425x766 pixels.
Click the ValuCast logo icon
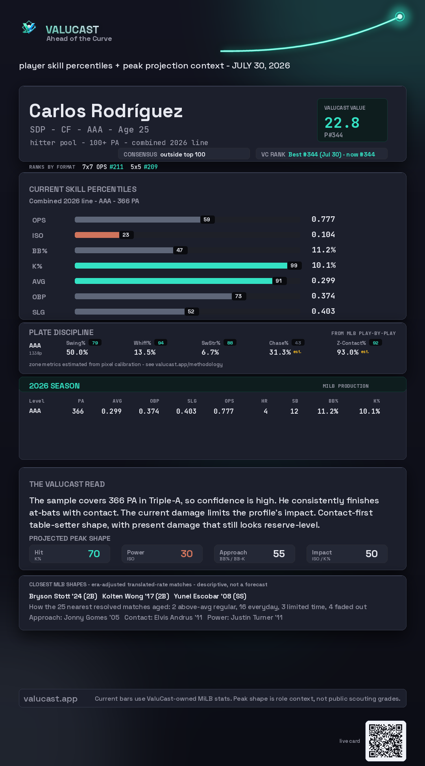[29, 28]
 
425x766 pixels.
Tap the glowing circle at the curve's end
[400, 17]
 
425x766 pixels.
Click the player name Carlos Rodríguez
[106, 111]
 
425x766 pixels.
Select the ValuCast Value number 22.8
[342, 123]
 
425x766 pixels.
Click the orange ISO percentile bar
[97, 235]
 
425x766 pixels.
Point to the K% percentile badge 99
[294, 265]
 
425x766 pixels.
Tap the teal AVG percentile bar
[174, 281]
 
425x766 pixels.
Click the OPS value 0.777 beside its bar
[323, 219]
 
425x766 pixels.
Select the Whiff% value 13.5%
[145, 352]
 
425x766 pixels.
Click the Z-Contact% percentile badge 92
[375, 343]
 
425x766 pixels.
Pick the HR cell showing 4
[266, 411]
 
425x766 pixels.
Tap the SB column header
[295, 401]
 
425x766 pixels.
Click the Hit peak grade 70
[94, 554]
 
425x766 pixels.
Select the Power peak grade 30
[187, 554]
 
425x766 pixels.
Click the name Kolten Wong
[123, 596]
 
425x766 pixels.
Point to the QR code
[386, 741]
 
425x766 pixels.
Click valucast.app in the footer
[50, 698]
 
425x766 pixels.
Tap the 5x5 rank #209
[151, 167]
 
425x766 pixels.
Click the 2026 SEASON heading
[54, 386]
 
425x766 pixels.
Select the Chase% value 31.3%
[280, 352]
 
